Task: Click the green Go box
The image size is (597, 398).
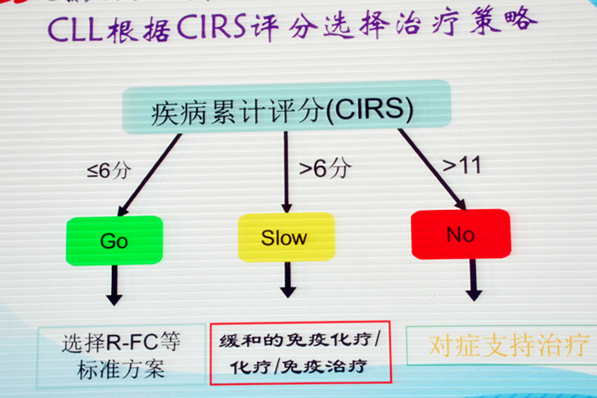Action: pos(114,240)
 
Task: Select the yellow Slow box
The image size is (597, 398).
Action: pos(285,238)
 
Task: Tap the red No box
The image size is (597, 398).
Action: pos(460,235)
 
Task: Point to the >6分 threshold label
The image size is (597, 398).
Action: pos(324,169)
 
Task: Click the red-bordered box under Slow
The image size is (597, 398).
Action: pos(301,352)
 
